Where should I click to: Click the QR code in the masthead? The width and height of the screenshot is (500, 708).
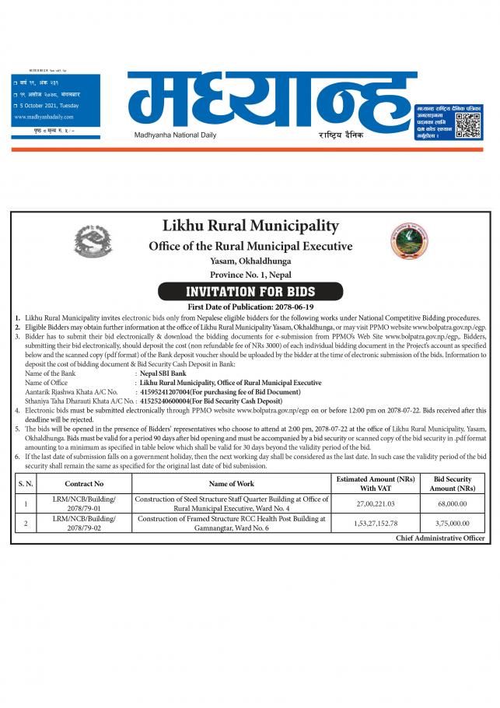[x=468, y=124]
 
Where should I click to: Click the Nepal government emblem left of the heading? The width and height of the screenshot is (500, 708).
[x=94, y=242]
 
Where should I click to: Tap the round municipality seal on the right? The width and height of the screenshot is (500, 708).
[x=409, y=242]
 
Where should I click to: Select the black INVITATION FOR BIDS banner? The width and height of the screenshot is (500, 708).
[x=250, y=292]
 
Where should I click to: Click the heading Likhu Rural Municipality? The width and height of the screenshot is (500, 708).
[x=250, y=226]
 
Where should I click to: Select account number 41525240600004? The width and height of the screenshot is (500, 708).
[x=170, y=401]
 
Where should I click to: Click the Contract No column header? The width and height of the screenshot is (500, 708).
[x=84, y=483]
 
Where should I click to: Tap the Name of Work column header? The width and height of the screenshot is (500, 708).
[x=231, y=483]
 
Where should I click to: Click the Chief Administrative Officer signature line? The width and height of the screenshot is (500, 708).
[x=440, y=538]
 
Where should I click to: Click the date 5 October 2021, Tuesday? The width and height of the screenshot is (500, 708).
[x=47, y=106]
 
